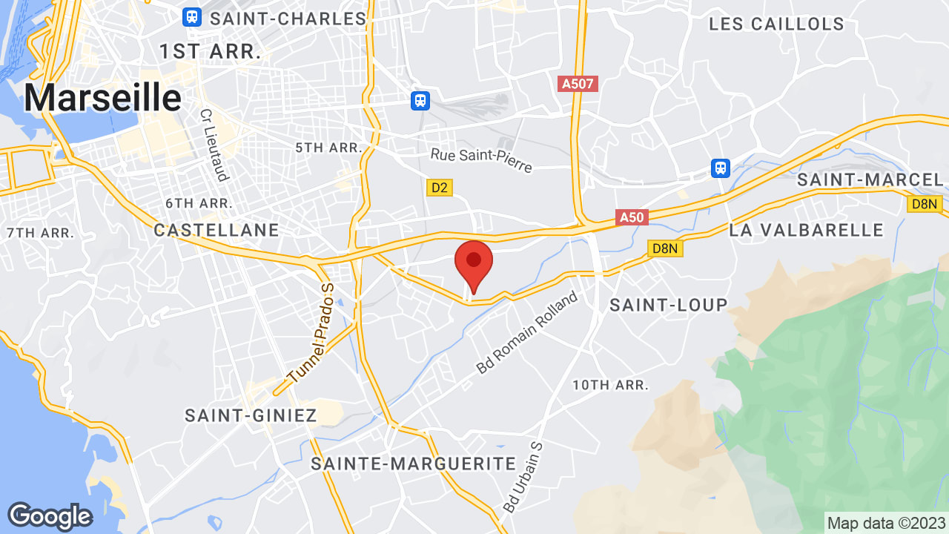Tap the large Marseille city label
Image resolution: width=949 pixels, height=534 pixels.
103,98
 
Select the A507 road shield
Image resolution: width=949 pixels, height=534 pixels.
578,84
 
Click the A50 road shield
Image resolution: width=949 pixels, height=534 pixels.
632,217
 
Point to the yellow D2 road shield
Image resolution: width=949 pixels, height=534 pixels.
440,188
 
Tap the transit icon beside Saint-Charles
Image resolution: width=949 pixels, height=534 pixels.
192,16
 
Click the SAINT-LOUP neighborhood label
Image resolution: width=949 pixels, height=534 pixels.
669,305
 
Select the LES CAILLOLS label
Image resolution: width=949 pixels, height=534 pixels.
776,24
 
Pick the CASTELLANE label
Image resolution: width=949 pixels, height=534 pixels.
216,231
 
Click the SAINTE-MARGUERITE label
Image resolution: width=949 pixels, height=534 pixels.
413,464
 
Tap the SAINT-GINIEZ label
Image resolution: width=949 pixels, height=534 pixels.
251,415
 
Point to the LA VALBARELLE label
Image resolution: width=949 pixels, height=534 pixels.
807,230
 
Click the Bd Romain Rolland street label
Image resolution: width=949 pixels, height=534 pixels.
527,333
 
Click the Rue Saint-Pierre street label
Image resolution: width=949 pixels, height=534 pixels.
481,159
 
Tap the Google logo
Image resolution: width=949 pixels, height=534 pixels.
50,516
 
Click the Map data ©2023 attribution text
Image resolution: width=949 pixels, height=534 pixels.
887,523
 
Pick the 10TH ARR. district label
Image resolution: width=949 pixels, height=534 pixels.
610,385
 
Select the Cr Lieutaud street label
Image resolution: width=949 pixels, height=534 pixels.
213,145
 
